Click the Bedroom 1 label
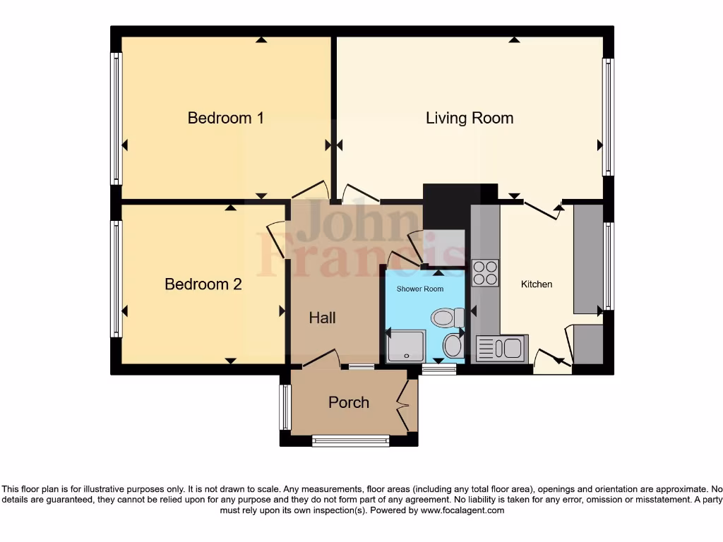click(225, 118)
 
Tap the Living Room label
click(469, 118)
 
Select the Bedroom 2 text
click(203, 284)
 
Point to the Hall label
click(322, 318)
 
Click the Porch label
click(348, 402)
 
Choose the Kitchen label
click(537, 284)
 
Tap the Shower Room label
click(419, 289)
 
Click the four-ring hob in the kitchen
click(484, 273)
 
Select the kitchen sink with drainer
click(500, 349)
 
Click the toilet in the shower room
click(447, 318)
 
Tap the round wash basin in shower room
click(452, 346)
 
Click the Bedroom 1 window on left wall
click(116, 119)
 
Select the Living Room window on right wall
click(607, 117)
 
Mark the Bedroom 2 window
click(116, 279)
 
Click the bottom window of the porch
click(351, 441)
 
